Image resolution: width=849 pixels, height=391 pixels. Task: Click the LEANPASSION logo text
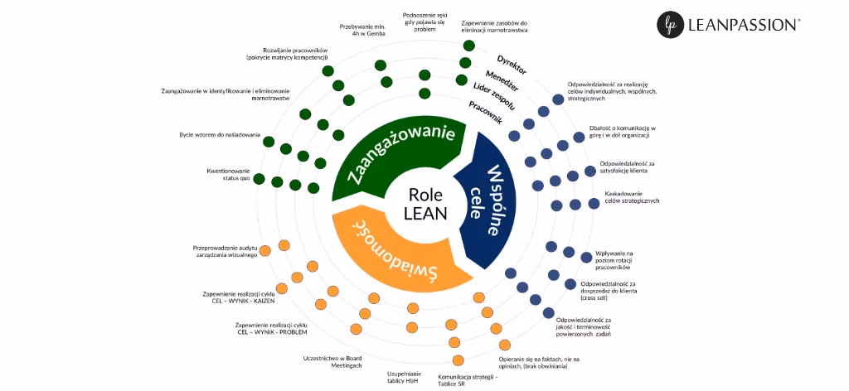pos(743,26)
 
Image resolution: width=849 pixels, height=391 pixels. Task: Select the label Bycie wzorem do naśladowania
pos(220,134)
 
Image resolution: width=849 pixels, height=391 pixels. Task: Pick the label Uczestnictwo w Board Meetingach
pos(334,362)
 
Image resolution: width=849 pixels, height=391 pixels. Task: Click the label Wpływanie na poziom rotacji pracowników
pos(614,260)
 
